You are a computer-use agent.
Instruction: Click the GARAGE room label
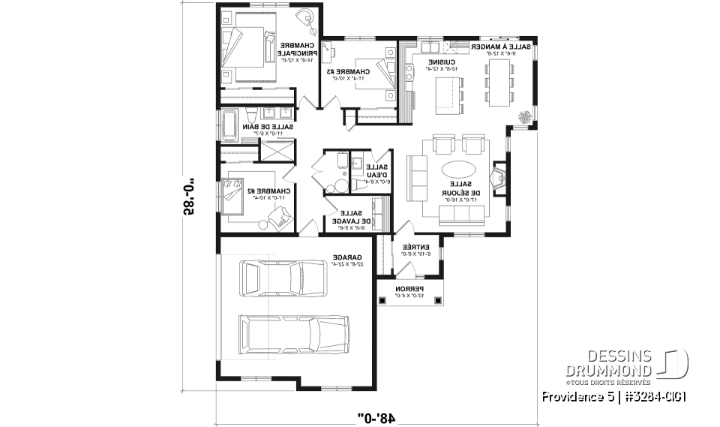pyautogui.click(x=346, y=260)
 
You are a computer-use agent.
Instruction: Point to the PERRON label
pyautogui.click(x=410, y=291)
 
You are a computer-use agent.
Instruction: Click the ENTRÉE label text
pyautogui.click(x=415, y=249)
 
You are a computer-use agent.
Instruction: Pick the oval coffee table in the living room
pyautogui.click(x=456, y=169)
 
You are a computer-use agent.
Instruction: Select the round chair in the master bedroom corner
pyautogui.click(x=304, y=17)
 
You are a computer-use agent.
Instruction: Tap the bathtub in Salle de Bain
pyautogui.click(x=229, y=124)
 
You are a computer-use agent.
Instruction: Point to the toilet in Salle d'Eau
pyautogui.click(x=340, y=185)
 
